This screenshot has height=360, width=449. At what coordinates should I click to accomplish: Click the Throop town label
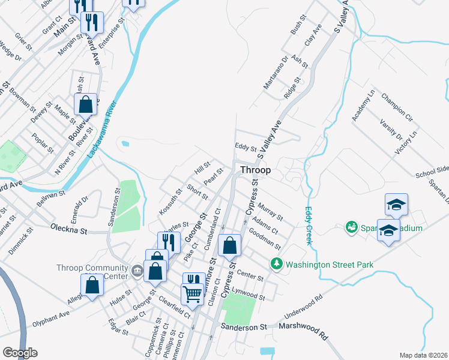tap(255, 170)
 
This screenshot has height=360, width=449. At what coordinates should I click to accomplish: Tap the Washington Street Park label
tap(330, 264)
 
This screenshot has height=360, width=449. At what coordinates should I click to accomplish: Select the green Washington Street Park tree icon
tap(277, 263)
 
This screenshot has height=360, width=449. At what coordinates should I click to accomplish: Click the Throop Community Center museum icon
tap(137, 272)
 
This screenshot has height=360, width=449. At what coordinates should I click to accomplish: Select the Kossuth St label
tap(170, 203)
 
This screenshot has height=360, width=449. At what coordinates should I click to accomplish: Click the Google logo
tap(19, 352)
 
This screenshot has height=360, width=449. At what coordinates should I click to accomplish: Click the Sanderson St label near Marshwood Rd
tap(243, 327)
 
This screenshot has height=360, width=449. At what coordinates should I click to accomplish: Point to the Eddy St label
tap(246, 148)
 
